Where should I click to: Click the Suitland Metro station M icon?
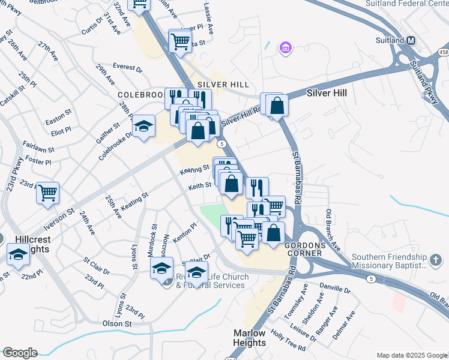[x=411, y=40]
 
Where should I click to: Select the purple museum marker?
[x=286, y=47]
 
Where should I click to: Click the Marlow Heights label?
[x=249, y=338]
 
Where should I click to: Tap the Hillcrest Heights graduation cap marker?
[x=18, y=255]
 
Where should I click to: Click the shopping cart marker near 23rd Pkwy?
[x=47, y=193]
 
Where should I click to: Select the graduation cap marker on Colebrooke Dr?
[x=143, y=127]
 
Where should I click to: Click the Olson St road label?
[x=117, y=323]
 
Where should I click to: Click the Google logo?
[x=20, y=353]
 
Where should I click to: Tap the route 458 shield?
[x=443, y=53]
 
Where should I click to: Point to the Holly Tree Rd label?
[x=288, y=340]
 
